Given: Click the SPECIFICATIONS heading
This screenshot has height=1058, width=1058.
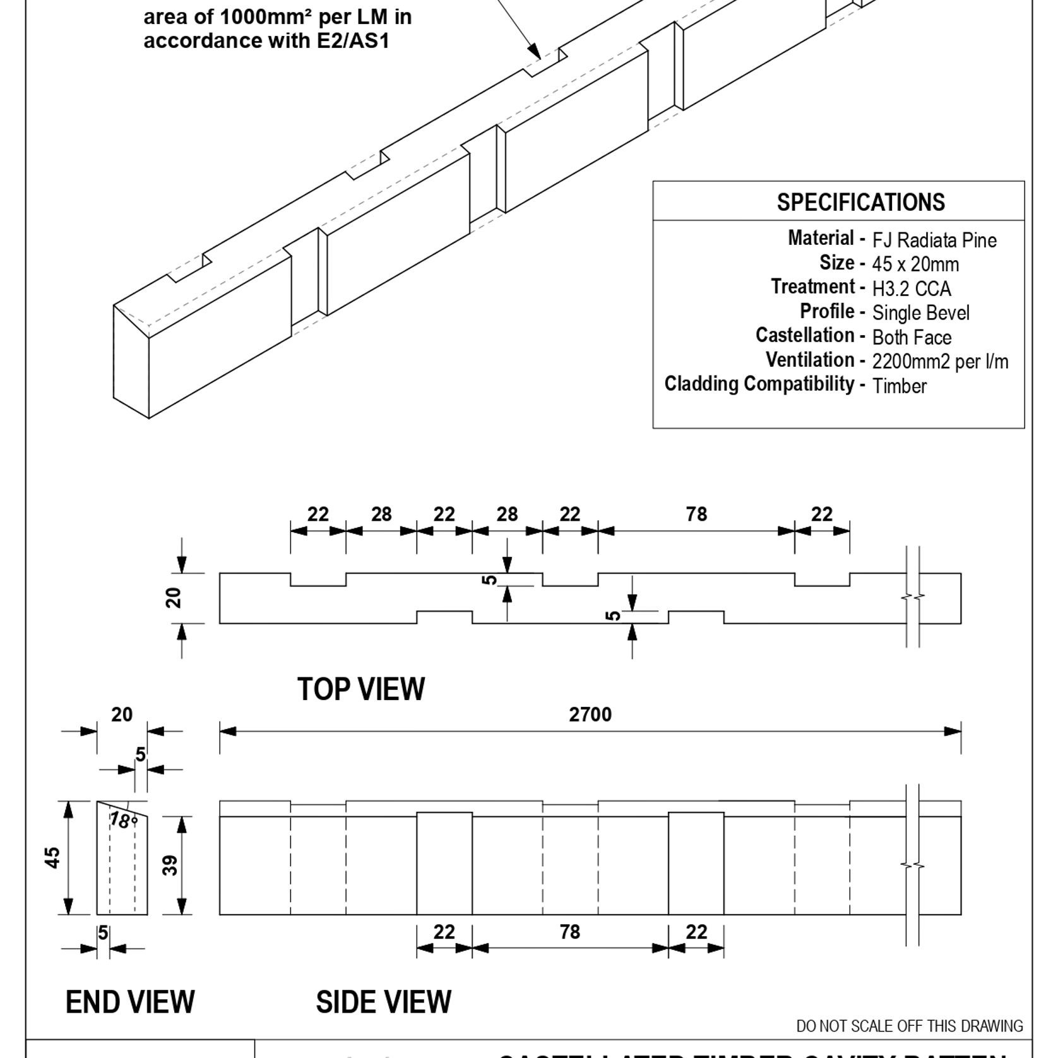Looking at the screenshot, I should click(x=860, y=202).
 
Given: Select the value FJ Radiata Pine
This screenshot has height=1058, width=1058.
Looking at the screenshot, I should click(x=934, y=241).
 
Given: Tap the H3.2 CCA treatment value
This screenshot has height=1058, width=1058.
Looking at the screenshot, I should click(x=912, y=289).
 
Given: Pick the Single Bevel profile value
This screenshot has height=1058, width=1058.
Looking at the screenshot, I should click(x=920, y=313).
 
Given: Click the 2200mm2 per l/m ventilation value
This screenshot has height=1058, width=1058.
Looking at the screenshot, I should click(x=940, y=362).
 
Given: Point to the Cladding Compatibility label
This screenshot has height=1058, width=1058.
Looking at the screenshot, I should click(x=759, y=384).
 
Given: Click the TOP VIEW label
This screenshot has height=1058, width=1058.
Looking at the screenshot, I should click(x=361, y=689).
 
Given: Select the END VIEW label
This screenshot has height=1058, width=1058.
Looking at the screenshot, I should click(x=130, y=1002).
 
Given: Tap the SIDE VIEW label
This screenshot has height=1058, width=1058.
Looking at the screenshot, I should click(x=383, y=1002).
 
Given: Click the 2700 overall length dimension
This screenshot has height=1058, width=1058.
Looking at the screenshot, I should click(x=590, y=715).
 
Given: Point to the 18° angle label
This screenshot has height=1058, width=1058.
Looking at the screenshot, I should click(x=123, y=821).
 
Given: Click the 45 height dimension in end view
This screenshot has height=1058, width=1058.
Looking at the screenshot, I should click(x=54, y=858).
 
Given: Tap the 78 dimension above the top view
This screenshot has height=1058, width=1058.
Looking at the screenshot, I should click(x=696, y=514).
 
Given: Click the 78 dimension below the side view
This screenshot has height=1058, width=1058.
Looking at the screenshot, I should click(x=569, y=932).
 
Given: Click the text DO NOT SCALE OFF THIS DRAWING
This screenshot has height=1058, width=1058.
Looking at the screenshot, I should click(x=909, y=1026).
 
